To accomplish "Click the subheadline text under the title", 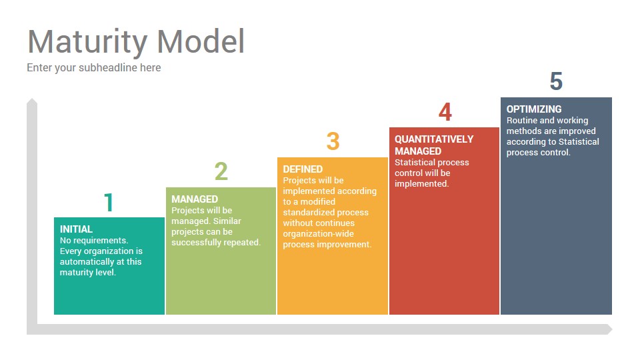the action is pos(94,68).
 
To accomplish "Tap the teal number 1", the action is pos(108,203).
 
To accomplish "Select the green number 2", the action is pos(221,171).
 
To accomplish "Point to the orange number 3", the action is pos(333,141).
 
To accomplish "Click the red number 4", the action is pos(445,112).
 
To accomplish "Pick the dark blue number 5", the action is pos(556,81).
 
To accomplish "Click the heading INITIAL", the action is pos(76,229).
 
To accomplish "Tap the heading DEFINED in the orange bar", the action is pos(303,169).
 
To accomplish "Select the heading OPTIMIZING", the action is pos(534,109).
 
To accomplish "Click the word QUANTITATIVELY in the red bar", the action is pos(434,139).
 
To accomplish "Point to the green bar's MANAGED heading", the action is pos(195,199).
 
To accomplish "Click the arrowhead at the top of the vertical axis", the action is pos(32,101).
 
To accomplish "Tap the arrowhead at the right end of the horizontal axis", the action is pos(609,329).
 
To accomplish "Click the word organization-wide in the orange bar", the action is pos(319,234).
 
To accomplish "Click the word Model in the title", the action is pos(201,41).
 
